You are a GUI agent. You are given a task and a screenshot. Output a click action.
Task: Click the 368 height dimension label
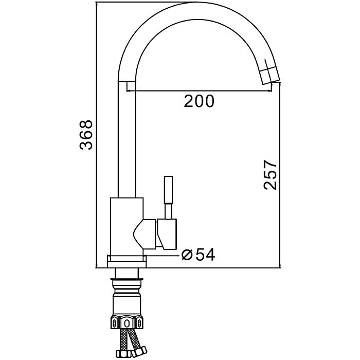86,135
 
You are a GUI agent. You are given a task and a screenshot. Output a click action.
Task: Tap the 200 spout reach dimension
199,101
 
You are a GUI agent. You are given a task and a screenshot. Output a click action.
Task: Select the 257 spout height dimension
271,175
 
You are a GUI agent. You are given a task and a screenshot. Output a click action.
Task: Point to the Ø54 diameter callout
198,255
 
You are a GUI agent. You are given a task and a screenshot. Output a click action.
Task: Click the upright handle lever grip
168,190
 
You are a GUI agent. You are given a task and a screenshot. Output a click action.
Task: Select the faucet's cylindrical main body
127,226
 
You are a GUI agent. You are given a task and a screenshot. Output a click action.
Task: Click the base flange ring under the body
127,261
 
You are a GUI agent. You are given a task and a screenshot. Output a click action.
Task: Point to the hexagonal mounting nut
127,323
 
